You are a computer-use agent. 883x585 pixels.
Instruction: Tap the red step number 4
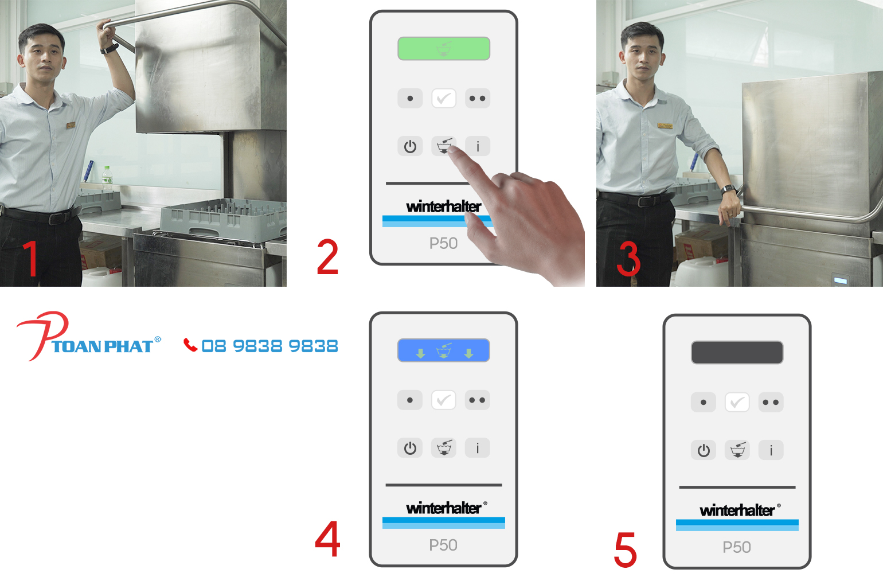327,539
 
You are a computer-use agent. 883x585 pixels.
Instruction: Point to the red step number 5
626,549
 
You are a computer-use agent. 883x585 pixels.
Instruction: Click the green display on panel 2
443,49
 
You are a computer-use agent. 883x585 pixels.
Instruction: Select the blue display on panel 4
443,350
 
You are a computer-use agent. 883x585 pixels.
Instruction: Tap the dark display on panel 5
737,352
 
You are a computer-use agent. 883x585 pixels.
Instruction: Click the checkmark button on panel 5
737,403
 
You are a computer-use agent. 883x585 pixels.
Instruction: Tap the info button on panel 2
478,146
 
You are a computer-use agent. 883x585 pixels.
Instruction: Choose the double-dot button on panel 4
478,400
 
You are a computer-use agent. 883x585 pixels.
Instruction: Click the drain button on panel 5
737,450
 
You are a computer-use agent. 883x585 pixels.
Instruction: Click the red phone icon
190,345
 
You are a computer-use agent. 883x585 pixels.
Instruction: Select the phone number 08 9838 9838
269,346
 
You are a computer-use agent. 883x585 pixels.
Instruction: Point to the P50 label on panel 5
737,547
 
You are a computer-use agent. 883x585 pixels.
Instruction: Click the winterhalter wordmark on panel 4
443,508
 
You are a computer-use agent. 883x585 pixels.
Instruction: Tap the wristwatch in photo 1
109,49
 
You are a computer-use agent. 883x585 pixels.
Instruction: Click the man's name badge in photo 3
665,126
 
